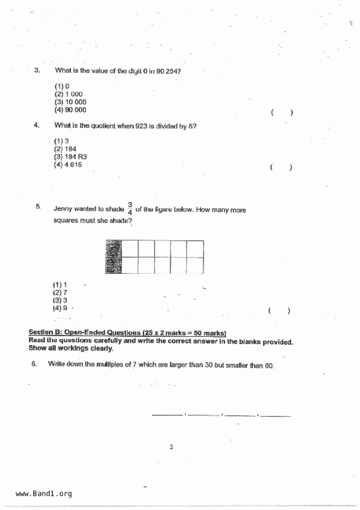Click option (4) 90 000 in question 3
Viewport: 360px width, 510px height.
click(x=70, y=110)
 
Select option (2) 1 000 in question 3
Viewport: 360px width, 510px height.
click(x=69, y=94)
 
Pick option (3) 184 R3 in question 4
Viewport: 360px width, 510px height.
click(x=70, y=157)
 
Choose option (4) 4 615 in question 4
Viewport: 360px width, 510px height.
click(x=68, y=165)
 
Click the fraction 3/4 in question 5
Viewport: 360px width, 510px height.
click(x=130, y=209)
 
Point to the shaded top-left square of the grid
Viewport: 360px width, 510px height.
click(x=114, y=249)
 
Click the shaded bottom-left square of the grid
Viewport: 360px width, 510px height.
click(x=114, y=265)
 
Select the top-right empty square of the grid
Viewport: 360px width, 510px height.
click(x=195, y=249)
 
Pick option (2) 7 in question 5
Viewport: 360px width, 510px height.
click(x=60, y=293)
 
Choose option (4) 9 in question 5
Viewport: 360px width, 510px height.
click(x=60, y=308)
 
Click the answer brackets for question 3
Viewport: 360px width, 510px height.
click(x=282, y=113)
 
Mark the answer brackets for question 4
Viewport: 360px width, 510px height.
click(x=281, y=167)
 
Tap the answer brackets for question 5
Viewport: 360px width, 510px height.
click(x=279, y=311)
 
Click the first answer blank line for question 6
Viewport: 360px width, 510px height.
click(x=167, y=415)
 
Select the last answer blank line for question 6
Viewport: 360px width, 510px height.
click(x=276, y=416)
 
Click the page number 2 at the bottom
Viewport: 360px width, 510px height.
click(x=171, y=447)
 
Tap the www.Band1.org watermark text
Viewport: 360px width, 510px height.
click(x=44, y=494)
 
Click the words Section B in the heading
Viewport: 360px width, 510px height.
click(x=45, y=332)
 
